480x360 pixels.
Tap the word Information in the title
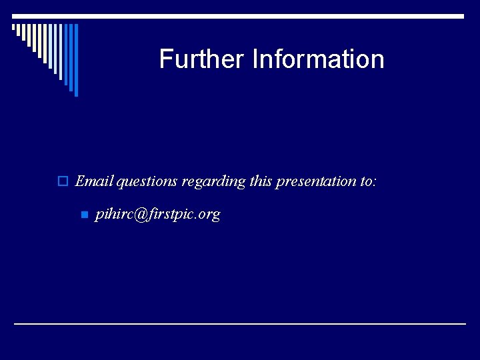click(318, 59)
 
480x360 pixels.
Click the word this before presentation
click(261, 181)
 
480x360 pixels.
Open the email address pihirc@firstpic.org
click(157, 215)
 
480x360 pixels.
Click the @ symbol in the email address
click(139, 215)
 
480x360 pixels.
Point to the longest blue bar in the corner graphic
click(76, 60)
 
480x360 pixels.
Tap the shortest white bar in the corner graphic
click(14, 28)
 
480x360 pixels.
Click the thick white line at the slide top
click(240, 16)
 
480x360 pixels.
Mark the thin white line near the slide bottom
click(240, 323)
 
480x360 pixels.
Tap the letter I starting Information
click(255, 59)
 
